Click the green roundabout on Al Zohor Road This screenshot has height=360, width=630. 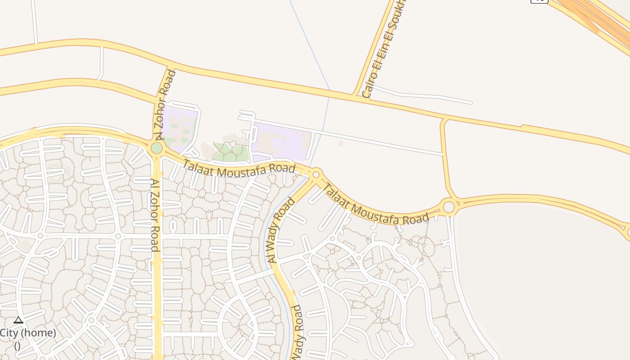[x=157, y=148]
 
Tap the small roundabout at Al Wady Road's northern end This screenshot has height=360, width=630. [x=316, y=174]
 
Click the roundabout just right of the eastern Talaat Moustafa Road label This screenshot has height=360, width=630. [x=449, y=207]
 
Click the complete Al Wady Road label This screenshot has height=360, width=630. [x=281, y=230]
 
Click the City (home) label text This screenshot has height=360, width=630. [x=28, y=333]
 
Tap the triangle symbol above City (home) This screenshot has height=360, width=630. [x=18, y=320]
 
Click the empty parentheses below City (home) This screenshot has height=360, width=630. [x=17, y=346]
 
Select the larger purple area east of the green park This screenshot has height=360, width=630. [x=281, y=142]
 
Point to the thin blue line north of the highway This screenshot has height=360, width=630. [x=310, y=45]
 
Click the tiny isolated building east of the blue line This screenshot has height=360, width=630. [x=341, y=143]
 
